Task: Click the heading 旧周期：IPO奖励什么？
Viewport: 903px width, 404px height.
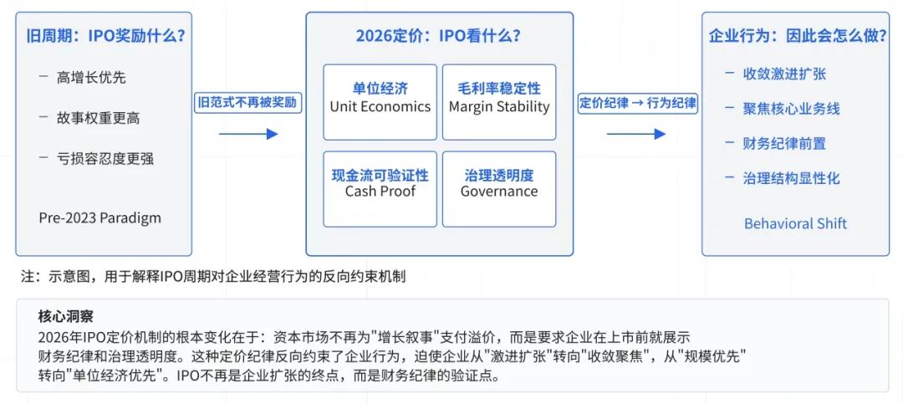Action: pos(105,36)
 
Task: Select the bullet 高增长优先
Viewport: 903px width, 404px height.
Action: pos(92,78)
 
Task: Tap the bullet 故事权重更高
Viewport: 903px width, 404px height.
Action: pos(99,118)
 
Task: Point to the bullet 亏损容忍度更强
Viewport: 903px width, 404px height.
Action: pos(105,158)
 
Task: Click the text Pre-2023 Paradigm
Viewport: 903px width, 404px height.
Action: pos(100,218)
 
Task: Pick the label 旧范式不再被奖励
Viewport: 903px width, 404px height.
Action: pos(247,103)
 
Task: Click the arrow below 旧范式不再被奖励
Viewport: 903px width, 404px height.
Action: pos(247,134)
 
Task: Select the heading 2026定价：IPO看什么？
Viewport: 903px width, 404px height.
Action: pos(439,36)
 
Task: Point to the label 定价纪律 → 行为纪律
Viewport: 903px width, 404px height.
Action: pos(637,103)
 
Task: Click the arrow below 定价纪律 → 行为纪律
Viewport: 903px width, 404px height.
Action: pos(636,134)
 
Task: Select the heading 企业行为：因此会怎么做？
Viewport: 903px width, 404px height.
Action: pos(795,36)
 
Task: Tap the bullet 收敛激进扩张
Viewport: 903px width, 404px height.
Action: pos(784,74)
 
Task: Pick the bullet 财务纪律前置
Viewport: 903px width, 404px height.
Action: pos(784,143)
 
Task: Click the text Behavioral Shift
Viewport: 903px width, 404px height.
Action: pos(795,223)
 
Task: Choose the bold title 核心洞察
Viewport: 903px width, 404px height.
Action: pos(66,316)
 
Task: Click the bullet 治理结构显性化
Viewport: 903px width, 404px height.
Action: pos(791,178)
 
